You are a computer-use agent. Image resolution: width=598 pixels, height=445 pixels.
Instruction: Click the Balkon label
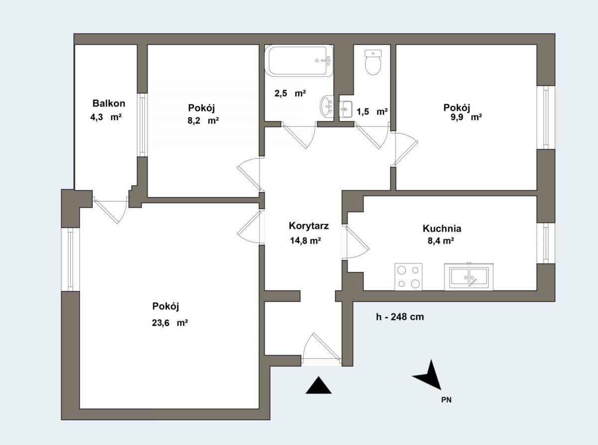point(109,103)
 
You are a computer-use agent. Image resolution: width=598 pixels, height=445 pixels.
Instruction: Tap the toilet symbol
point(373,62)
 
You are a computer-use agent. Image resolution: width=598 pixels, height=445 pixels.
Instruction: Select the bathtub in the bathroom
point(299,61)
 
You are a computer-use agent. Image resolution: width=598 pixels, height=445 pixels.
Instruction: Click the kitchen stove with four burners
point(408,277)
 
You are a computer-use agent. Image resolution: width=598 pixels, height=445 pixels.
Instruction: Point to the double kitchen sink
point(468,277)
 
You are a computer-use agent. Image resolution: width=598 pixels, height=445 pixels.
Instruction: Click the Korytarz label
point(308,225)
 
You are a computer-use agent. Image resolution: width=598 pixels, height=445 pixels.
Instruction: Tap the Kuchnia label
point(442,228)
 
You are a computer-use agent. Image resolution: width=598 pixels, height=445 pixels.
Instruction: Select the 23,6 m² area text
point(170,323)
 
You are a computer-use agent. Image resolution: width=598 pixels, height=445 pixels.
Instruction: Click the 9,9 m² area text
point(466,117)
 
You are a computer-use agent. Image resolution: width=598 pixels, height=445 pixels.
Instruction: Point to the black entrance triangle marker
point(318,385)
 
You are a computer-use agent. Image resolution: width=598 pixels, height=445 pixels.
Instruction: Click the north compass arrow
point(429,375)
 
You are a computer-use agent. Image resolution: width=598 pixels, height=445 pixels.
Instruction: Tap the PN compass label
point(446,400)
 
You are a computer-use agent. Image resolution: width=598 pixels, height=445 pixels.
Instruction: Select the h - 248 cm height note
point(400,317)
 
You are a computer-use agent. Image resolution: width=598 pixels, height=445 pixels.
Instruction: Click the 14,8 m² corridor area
point(305,240)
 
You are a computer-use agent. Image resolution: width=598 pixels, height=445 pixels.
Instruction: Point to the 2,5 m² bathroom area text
point(290,94)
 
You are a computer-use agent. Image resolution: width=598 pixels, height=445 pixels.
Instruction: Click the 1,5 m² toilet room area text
point(372,111)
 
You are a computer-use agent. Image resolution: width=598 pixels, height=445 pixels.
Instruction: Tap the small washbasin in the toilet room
point(345,109)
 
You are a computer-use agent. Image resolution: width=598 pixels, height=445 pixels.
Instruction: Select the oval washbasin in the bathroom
point(327,107)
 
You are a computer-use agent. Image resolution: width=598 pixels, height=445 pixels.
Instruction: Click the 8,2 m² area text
point(203,120)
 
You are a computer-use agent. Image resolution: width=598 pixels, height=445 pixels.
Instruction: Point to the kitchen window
point(546,243)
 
